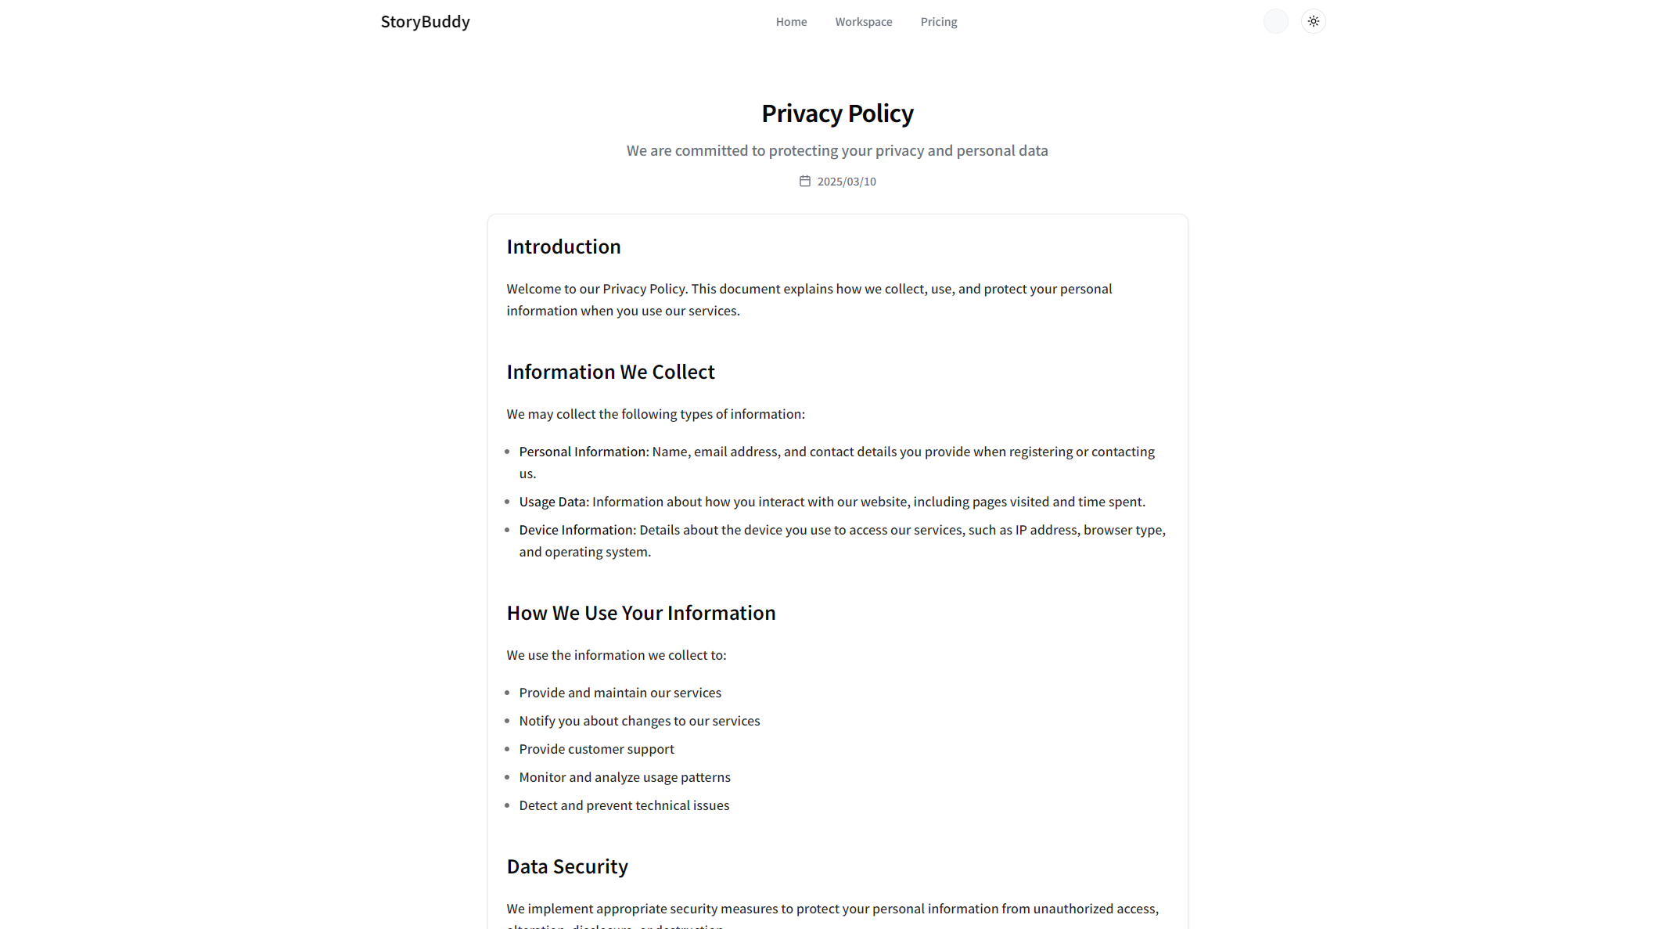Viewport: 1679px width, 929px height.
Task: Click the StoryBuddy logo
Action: point(425,22)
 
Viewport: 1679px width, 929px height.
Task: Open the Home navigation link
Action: point(791,22)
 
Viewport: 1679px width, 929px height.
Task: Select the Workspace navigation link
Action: point(863,22)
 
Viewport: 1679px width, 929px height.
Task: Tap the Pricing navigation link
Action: point(938,22)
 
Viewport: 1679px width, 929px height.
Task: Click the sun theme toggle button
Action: point(1313,21)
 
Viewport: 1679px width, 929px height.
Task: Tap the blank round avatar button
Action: point(1275,21)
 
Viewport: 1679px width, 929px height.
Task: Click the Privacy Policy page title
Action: point(837,113)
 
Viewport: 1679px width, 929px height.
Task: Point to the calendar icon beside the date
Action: point(804,182)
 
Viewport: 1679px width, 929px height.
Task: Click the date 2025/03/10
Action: point(847,182)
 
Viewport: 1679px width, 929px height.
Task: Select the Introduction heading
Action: point(563,247)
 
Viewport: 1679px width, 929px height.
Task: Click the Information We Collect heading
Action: point(610,372)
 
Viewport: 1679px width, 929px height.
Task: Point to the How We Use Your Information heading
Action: point(641,613)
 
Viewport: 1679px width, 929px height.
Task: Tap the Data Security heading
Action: point(567,866)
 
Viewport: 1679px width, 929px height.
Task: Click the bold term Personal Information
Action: point(584,452)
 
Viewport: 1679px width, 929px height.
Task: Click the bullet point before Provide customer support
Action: point(507,749)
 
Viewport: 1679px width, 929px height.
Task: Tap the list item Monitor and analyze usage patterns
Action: point(624,777)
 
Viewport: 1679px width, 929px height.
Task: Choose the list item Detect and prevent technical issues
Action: point(624,805)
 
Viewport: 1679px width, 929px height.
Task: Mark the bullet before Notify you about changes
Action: point(507,721)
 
